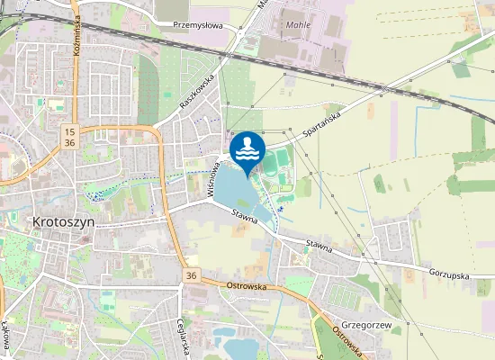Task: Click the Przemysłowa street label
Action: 197,25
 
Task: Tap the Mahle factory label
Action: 298,24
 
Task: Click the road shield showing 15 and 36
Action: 69,138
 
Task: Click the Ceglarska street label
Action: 183,338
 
